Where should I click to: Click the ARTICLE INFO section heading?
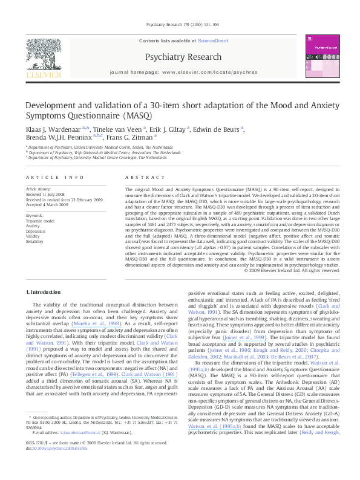pyautogui.click(x=54, y=177)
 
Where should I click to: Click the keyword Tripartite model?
pyautogui.click(x=39, y=222)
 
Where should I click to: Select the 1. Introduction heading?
pyautogui.click(x=45, y=292)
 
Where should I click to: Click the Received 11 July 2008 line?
pyautogui.click(x=47, y=194)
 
